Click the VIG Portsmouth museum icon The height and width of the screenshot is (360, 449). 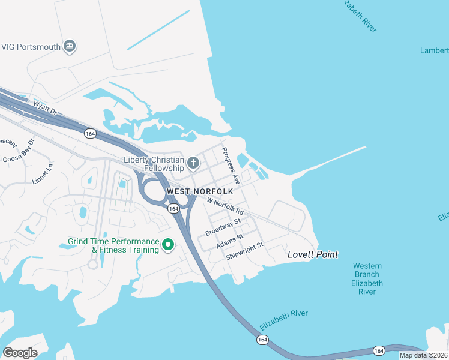pos(70,47)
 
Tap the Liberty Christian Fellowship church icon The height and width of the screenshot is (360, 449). pos(193,163)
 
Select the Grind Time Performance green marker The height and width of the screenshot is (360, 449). pos(169,245)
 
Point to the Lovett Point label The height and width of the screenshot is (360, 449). pos(312,254)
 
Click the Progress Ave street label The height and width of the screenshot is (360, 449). pos(231,166)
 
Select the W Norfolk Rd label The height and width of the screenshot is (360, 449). pos(224,207)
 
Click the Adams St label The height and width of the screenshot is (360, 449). pos(229,241)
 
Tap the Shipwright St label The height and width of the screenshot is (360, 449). pos(245,251)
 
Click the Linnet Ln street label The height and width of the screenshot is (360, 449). pos(43,174)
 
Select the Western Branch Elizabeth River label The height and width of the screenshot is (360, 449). pos(367,278)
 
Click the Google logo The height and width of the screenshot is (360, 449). pos(20,352)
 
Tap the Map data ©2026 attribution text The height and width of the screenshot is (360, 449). pos(424,355)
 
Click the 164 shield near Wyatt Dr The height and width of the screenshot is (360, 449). pos(90,133)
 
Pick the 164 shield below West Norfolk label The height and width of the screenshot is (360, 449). pos(173,208)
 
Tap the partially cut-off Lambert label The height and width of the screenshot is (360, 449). pos(435,50)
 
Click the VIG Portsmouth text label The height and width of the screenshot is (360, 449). pos(31,47)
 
